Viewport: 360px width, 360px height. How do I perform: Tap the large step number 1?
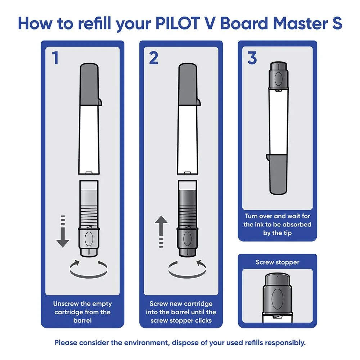point(55,58)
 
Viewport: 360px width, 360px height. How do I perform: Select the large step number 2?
point(154,58)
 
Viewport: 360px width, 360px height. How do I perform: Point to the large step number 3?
point(252,58)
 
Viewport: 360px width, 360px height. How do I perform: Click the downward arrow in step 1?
point(63,234)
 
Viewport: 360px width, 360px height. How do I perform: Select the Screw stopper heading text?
point(277,262)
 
